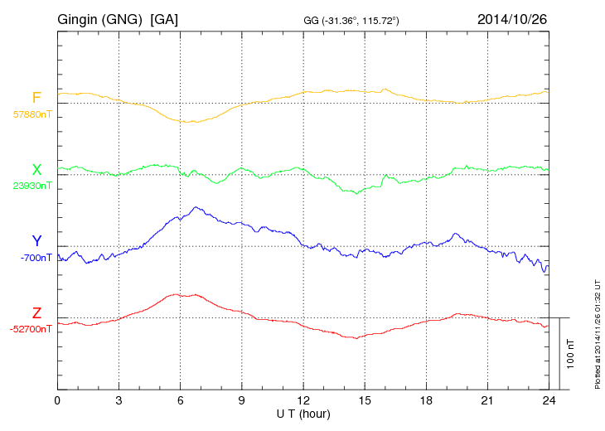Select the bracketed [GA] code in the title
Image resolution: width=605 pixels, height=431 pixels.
164,18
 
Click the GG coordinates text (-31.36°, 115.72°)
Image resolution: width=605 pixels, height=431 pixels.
352,20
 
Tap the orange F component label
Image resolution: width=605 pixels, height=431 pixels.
36,98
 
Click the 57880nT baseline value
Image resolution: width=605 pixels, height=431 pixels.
32,114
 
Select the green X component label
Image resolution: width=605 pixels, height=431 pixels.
36,170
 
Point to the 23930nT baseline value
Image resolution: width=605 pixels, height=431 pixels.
32,186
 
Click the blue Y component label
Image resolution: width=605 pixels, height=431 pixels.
36,241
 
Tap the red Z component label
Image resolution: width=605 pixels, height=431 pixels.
36,313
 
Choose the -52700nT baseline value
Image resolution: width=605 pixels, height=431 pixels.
32,329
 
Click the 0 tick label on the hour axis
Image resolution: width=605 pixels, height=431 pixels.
57,401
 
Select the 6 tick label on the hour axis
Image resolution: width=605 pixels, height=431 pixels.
181,401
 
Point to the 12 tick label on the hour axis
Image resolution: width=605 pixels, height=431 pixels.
303,401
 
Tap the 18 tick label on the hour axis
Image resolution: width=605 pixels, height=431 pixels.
426,401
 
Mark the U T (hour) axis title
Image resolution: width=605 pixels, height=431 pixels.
303,414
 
